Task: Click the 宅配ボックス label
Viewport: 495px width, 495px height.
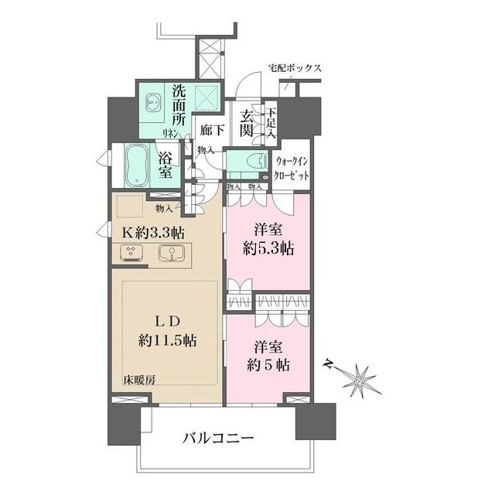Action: point(295,69)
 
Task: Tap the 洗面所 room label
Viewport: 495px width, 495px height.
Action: point(179,109)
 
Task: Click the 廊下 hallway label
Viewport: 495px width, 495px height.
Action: point(211,131)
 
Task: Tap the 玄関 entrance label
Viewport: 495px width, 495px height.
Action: point(247,123)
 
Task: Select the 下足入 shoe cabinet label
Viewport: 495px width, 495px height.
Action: point(271,123)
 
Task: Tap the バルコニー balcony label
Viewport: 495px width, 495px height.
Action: point(218,439)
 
